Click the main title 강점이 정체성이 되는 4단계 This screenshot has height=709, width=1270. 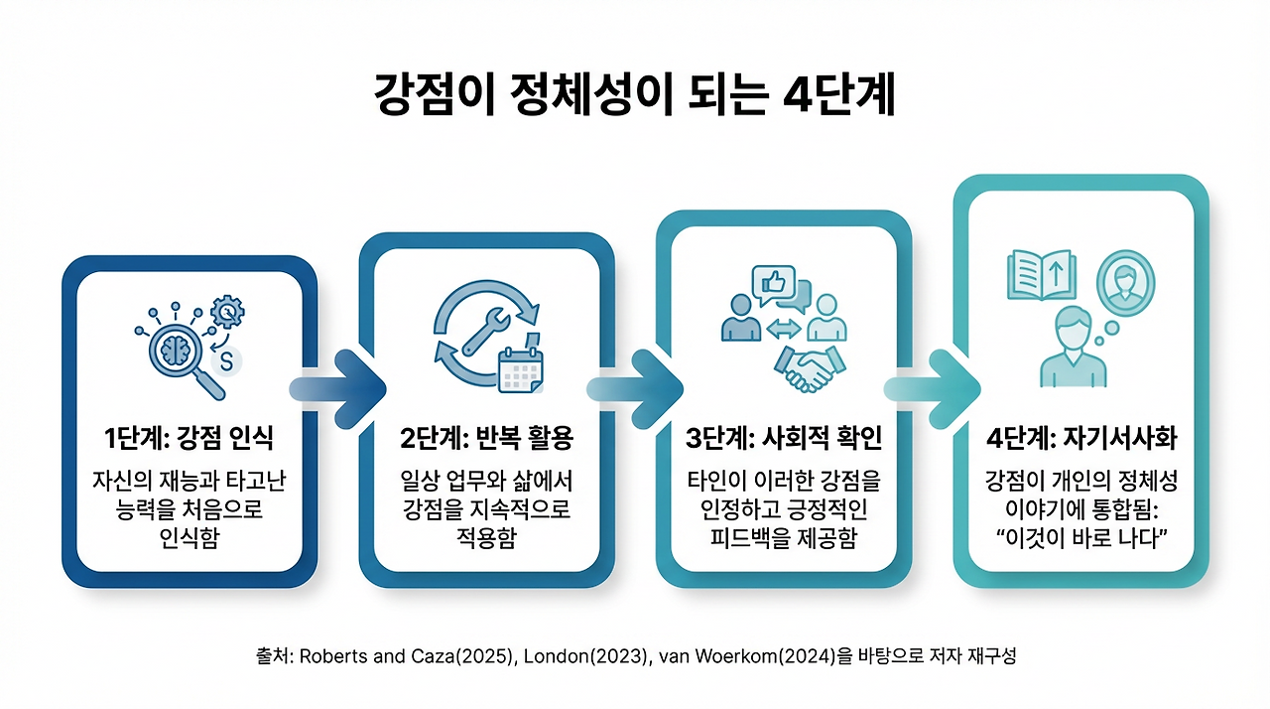point(635,95)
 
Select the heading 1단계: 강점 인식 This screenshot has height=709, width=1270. point(190,438)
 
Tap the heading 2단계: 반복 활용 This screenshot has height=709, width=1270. point(486,438)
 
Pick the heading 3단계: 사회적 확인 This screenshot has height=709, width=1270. point(784,438)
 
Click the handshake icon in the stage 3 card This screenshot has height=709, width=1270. point(809,367)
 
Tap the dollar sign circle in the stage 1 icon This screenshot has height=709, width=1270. point(228,363)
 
